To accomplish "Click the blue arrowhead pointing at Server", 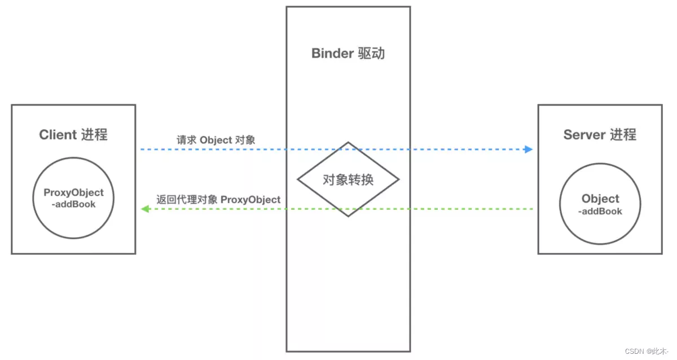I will pyautogui.click(x=528, y=150).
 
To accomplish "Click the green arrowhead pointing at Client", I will pyautogui.click(x=145, y=209).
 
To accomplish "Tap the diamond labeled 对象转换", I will pyautogui.click(x=348, y=179).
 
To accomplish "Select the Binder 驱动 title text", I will pyautogui.click(x=348, y=54).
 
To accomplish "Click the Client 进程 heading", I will pyautogui.click(x=73, y=135).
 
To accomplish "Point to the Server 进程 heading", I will pyautogui.click(x=600, y=135).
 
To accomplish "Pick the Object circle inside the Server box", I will pyautogui.click(x=600, y=205).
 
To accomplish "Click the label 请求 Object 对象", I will pyautogui.click(x=216, y=140).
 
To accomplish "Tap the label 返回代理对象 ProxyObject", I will pyautogui.click(x=218, y=200).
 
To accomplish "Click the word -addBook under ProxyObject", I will pyautogui.click(x=73, y=204).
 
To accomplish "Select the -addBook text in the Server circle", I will pyautogui.click(x=600, y=211).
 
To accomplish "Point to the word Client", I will pyautogui.click(x=58, y=135).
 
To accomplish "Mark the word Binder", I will pyautogui.click(x=332, y=54).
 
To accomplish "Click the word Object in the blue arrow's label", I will pyautogui.click(x=216, y=140).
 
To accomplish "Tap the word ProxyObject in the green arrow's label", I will pyautogui.click(x=250, y=200).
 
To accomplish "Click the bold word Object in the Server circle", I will pyautogui.click(x=600, y=199).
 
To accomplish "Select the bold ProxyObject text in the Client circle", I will pyautogui.click(x=73, y=193).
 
